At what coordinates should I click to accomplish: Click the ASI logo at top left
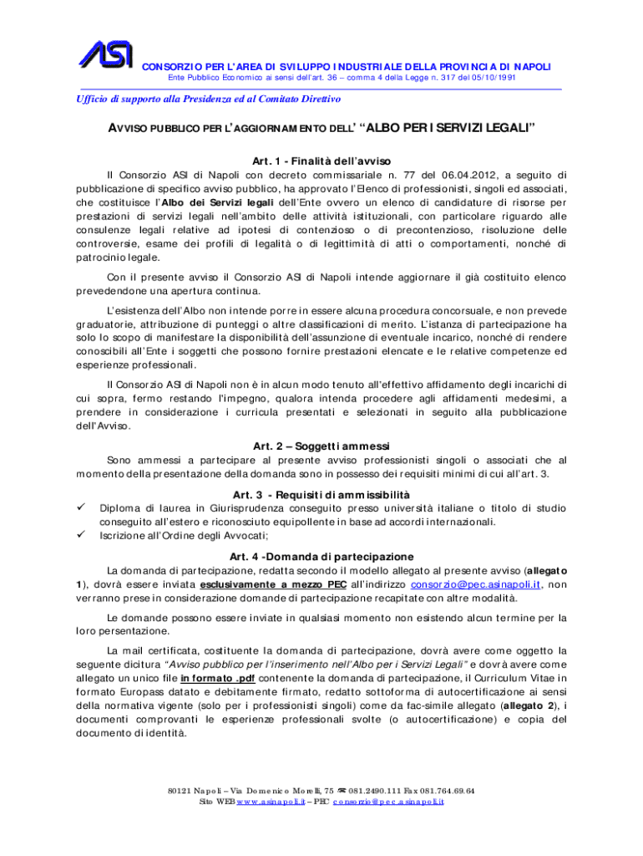point(105,54)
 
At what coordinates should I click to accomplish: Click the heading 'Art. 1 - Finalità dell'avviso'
point(321,160)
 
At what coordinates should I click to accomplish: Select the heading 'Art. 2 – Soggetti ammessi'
point(321,445)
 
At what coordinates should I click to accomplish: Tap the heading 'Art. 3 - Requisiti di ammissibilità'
point(321,493)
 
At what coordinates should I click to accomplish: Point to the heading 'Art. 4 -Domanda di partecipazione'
point(321,557)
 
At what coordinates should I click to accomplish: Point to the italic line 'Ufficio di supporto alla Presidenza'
point(193,99)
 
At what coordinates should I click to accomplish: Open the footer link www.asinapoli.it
point(270,802)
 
